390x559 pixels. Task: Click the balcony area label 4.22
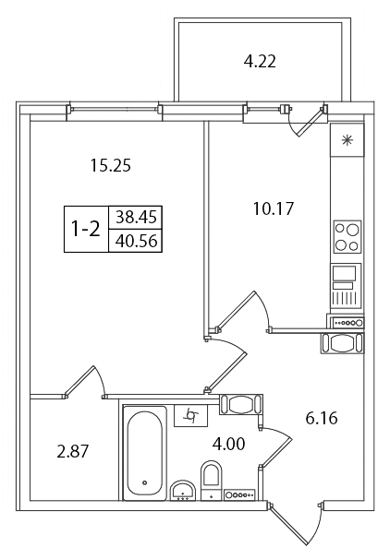(260, 62)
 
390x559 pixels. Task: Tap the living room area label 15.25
(110, 165)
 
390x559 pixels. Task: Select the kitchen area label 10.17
(273, 208)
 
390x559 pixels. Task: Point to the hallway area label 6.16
(322, 418)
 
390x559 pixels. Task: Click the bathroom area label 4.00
(228, 445)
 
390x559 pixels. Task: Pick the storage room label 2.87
(72, 452)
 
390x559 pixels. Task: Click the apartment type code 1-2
(86, 229)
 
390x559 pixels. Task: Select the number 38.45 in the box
(136, 217)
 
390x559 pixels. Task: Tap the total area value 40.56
(136, 242)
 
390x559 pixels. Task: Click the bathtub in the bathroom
(145, 453)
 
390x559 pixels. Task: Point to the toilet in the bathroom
(212, 480)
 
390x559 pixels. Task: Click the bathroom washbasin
(183, 491)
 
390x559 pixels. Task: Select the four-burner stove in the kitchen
(347, 236)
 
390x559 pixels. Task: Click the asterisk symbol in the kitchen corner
(347, 140)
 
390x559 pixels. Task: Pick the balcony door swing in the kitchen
(306, 122)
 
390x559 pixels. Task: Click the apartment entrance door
(296, 525)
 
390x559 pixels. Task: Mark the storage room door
(85, 382)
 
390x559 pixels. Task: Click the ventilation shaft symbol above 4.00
(190, 415)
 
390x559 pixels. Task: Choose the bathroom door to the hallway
(275, 446)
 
